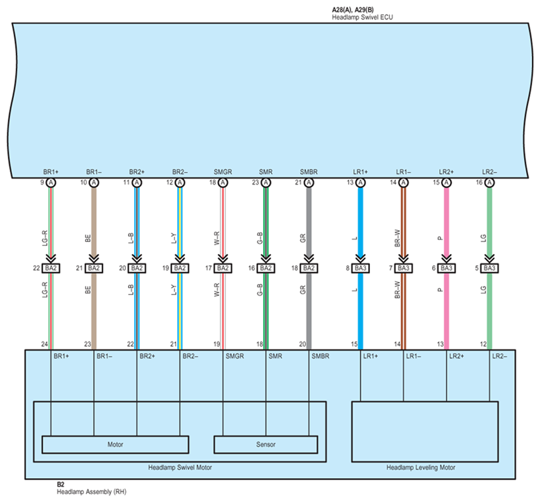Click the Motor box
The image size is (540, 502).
tap(115, 444)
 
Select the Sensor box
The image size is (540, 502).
tap(265, 444)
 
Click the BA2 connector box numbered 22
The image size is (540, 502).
tap(51, 268)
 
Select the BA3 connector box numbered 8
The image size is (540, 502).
tap(360, 268)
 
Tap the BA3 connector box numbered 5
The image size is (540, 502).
tap(489, 268)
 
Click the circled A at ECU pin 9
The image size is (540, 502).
tap(51, 182)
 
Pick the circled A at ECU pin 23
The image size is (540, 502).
tap(265, 182)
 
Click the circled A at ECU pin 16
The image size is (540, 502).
tap(489, 182)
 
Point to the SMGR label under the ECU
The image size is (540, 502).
tap(223, 171)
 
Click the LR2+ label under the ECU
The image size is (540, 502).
tap(446, 171)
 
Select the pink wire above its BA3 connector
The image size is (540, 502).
tap(446, 220)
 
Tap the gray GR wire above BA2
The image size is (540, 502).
tap(308, 220)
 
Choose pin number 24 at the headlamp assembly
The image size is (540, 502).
tap(45, 344)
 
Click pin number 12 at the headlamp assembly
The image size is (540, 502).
tap(483, 344)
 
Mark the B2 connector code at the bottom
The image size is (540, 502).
tap(61, 485)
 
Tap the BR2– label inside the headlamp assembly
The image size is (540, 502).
tap(192, 357)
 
